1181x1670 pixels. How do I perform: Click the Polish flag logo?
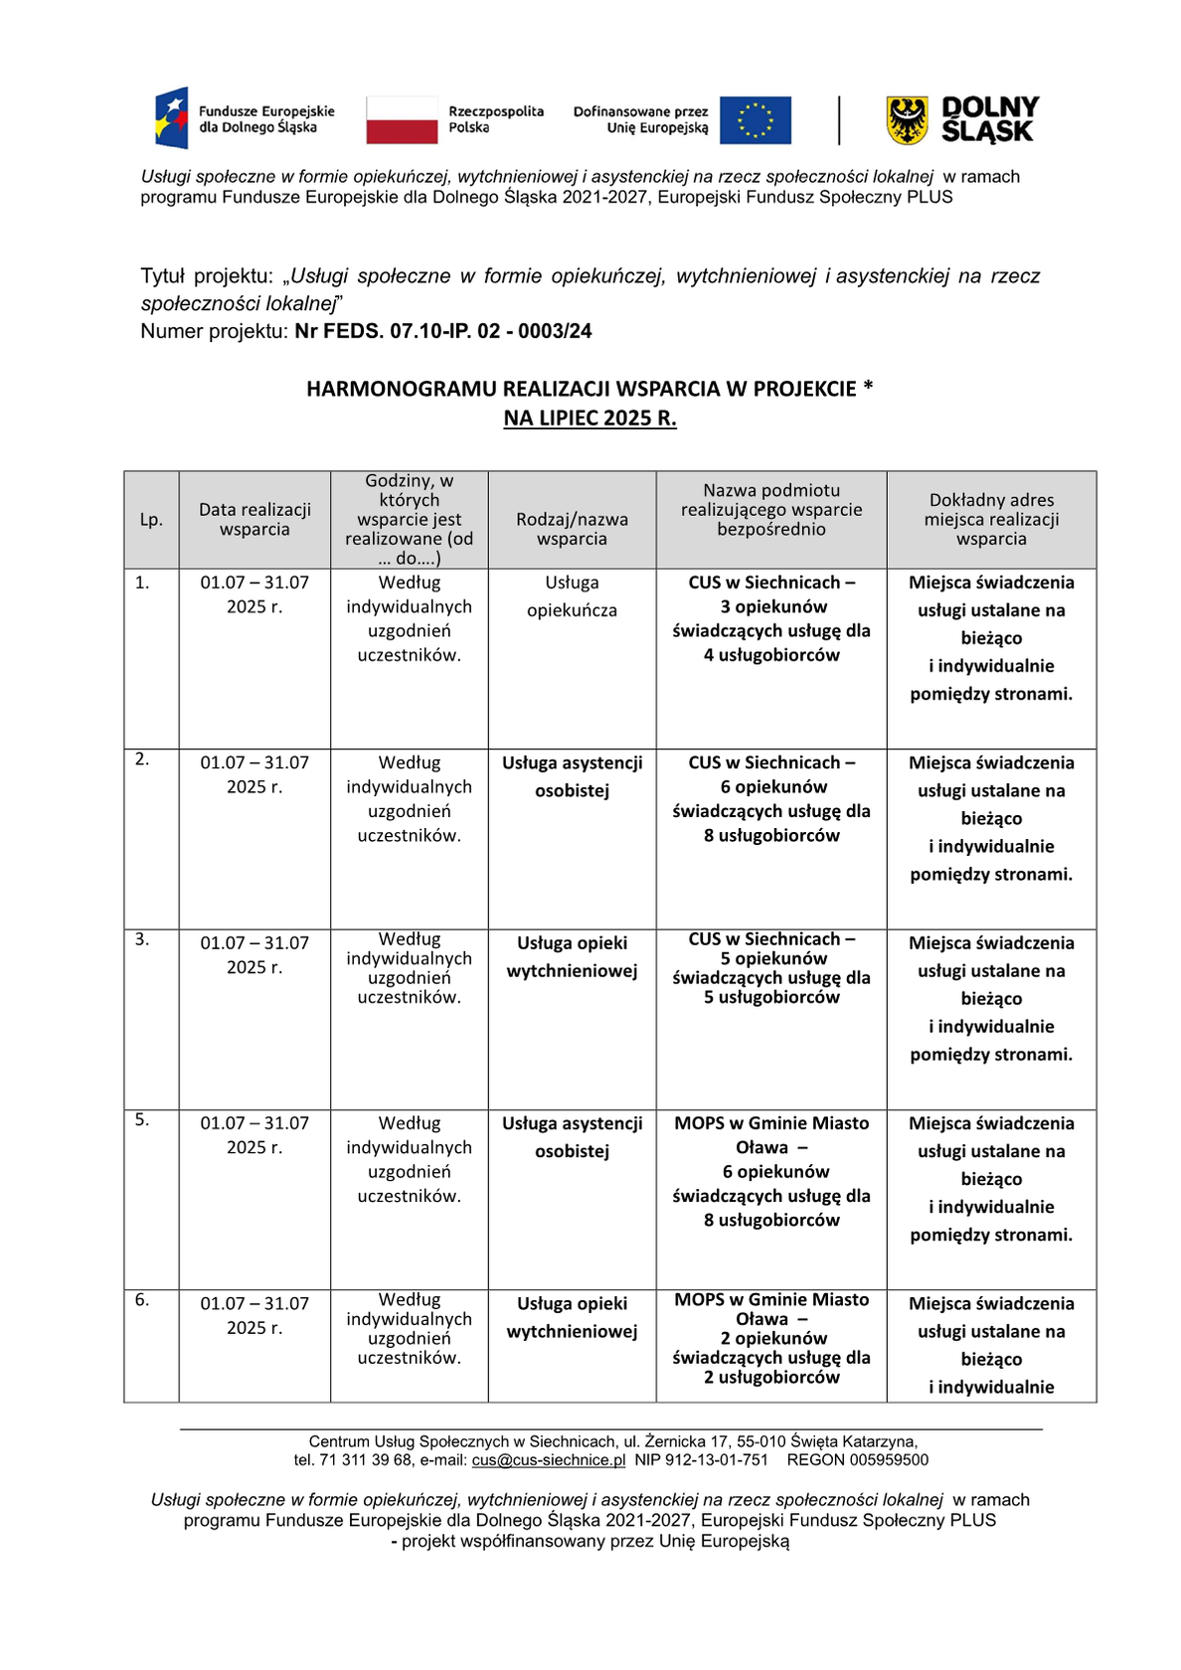[x=402, y=120]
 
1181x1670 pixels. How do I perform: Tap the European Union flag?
[x=755, y=120]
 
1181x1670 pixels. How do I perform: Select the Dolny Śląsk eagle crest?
[x=906, y=120]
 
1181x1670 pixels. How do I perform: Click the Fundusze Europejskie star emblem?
[x=172, y=118]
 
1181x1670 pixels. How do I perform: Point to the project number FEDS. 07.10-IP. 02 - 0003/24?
[x=443, y=331]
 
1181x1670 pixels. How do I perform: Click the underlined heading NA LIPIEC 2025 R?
[x=590, y=417]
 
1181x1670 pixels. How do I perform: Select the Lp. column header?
[x=151, y=520]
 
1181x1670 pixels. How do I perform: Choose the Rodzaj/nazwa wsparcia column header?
[x=572, y=529]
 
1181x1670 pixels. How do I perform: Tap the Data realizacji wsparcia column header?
[x=254, y=519]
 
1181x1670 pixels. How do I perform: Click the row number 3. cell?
[x=143, y=939]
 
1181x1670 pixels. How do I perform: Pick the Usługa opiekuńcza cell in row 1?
[x=572, y=596]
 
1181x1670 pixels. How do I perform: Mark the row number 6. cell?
[x=143, y=1300]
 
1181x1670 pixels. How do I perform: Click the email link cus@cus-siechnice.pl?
[x=549, y=1460]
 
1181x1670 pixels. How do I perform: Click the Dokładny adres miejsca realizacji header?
[x=991, y=519]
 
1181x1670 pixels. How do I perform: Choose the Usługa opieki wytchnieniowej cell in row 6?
[x=572, y=1317]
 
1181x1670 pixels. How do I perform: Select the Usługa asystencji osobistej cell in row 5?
[x=572, y=1137]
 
